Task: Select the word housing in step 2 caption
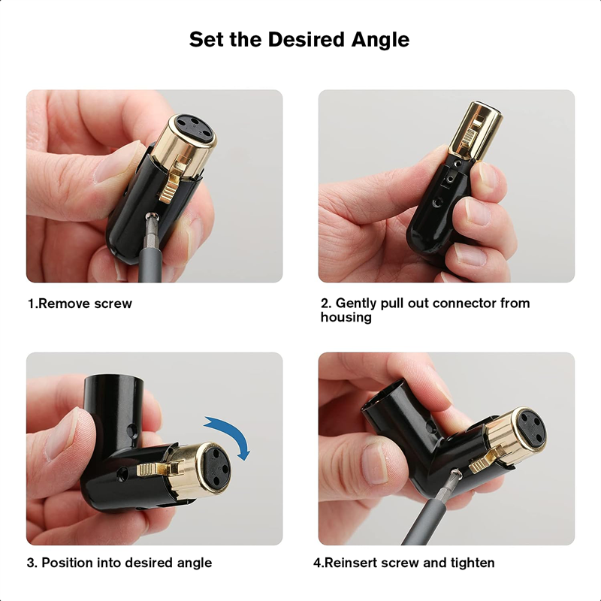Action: pos(346,317)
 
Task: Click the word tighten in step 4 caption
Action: pos(471,563)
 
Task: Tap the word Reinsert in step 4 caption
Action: pos(352,563)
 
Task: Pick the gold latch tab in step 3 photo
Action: pos(153,468)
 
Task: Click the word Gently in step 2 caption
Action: pos(356,304)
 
